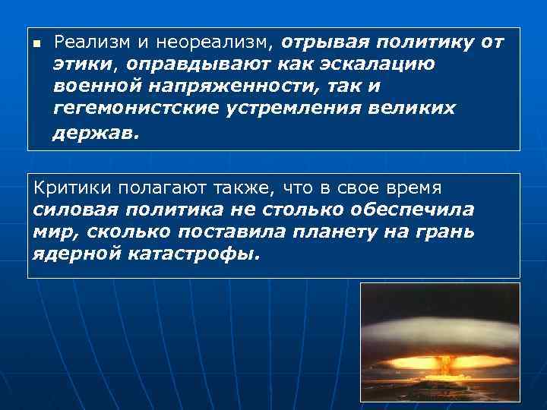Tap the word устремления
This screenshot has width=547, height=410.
pyautogui.click(x=301, y=108)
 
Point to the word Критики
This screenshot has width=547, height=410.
pyautogui.click(x=69, y=187)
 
